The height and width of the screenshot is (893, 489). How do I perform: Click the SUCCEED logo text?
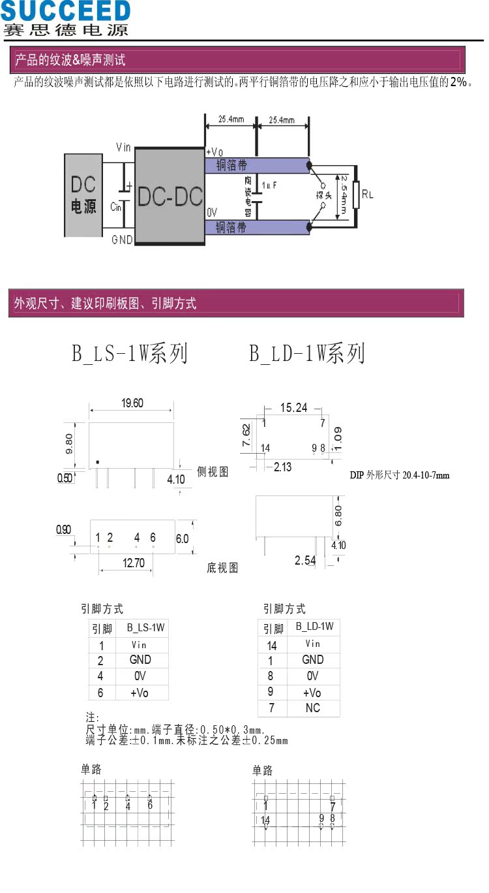pos(65,10)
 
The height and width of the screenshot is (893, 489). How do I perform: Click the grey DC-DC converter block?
pos(170,196)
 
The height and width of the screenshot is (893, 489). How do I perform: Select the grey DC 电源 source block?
pos(83,195)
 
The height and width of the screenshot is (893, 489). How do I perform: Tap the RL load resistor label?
pos(368,195)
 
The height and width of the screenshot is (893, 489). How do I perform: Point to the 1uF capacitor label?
pos(270,185)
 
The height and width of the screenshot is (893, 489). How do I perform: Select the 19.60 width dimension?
pos(132,403)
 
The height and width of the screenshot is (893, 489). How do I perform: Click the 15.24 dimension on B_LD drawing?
pos(293,408)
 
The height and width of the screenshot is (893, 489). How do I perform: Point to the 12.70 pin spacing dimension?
pos(134,563)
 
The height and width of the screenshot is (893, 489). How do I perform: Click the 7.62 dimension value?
pos(246,435)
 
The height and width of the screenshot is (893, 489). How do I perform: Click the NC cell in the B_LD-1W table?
pos(312,708)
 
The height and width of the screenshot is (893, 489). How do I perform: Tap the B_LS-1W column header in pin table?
pos(146,628)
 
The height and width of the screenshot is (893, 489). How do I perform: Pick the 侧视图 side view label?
pos(213,472)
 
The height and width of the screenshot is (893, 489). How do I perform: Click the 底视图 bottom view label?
pos(223,568)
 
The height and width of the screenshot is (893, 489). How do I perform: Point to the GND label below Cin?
pos(122,240)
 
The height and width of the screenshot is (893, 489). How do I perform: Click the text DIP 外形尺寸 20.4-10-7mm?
pos(400,475)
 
